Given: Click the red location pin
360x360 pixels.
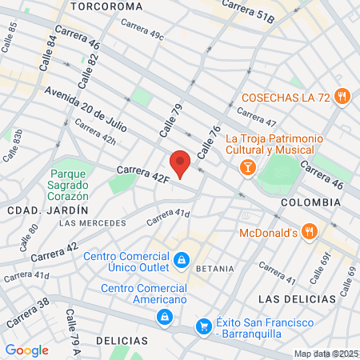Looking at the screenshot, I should tap(181, 162).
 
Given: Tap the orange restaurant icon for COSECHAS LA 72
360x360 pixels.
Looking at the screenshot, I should tap(342, 95).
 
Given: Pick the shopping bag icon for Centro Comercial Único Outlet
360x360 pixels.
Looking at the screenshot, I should tap(182, 259).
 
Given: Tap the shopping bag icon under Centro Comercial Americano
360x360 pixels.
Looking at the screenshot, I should tap(163, 318).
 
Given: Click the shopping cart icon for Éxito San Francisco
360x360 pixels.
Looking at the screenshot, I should tap(204, 326).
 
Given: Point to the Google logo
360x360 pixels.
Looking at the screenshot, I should tap(26, 350).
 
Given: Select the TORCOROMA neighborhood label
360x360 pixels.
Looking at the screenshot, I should tap(106, 6).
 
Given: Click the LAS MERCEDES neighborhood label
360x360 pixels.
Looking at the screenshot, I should tap(93, 222).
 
